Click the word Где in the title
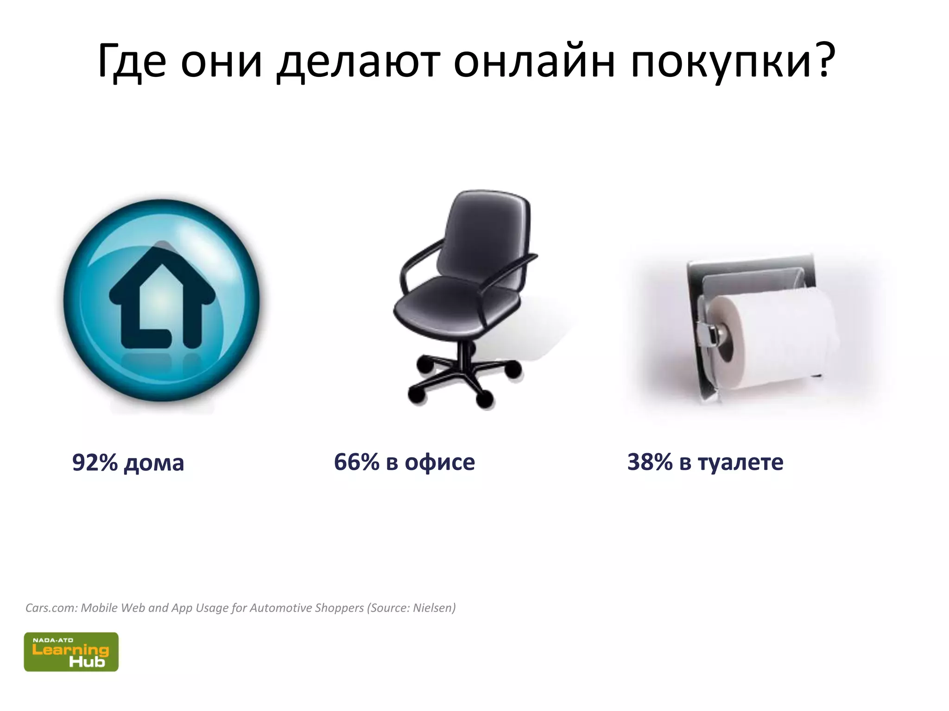point(132,61)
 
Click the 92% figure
point(95,462)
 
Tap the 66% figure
point(356,462)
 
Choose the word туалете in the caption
point(740,462)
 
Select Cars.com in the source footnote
point(51,608)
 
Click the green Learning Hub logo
point(71,652)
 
